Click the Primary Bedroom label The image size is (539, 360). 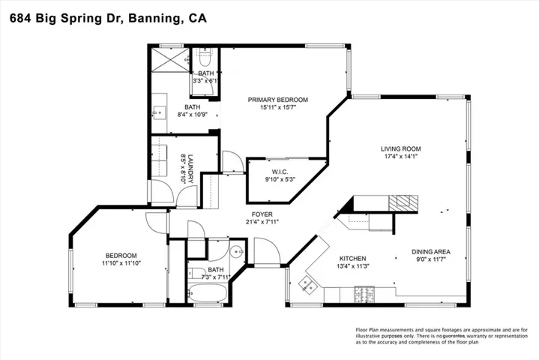(x=278, y=100)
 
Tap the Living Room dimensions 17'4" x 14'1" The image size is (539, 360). (x=401, y=157)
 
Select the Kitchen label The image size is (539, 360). (x=352, y=259)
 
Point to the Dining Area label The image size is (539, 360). (x=431, y=252)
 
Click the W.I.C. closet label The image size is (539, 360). (x=280, y=172)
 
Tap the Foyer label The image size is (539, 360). (x=262, y=214)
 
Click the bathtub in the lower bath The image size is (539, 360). (x=208, y=293)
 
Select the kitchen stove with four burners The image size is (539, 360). (x=364, y=294)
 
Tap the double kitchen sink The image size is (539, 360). (x=307, y=285)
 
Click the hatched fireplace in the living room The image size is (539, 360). (x=403, y=202)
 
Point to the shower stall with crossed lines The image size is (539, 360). (x=170, y=60)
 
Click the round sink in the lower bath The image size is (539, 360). (x=236, y=252)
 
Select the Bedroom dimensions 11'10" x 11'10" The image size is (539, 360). (x=121, y=263)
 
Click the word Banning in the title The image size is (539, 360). (x=154, y=18)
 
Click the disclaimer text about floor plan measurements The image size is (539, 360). (x=442, y=336)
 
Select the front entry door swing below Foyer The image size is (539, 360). (x=267, y=251)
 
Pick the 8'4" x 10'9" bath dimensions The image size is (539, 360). (x=193, y=115)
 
